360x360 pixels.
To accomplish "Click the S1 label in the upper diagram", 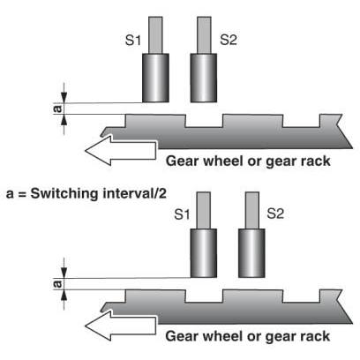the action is (133, 40).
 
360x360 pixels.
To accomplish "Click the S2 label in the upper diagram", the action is (229, 39).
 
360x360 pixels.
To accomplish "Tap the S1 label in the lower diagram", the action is (182, 214).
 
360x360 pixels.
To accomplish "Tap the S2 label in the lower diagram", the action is (275, 214).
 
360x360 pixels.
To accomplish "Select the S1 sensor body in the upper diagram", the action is (155, 78).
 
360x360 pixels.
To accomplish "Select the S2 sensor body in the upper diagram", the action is (204, 78).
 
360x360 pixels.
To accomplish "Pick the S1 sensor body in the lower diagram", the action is (204, 253).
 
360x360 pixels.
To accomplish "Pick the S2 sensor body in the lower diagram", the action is (251, 253).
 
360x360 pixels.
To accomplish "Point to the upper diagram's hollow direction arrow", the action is (120, 150).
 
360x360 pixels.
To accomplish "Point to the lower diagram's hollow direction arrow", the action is (120, 326).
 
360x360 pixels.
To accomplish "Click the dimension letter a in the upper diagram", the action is (58, 109).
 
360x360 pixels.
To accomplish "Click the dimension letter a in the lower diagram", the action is (58, 284).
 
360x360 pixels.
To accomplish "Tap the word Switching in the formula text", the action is (64, 194).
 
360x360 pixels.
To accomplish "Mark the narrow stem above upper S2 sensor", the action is (204, 35).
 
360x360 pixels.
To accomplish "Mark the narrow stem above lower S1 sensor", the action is (204, 210).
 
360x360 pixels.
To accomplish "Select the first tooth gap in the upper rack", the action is (204, 121).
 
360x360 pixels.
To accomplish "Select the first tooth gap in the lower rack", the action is (204, 296).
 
